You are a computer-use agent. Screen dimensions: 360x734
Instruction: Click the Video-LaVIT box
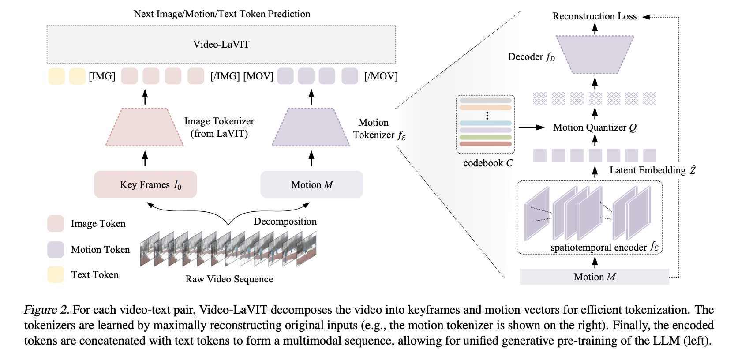pyautogui.click(x=221, y=44)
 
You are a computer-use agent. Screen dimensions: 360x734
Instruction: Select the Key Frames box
pyautogui.click(x=145, y=184)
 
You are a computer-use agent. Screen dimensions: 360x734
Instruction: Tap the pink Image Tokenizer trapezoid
pyautogui.click(x=145, y=127)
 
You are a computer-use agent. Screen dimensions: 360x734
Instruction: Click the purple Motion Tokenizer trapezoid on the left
pyautogui.click(x=311, y=127)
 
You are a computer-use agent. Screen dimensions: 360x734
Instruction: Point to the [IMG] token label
pyautogui.click(x=102, y=76)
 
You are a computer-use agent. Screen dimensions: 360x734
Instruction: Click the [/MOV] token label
pyautogui.click(x=381, y=76)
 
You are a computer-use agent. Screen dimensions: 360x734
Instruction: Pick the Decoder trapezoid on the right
pyautogui.click(x=595, y=54)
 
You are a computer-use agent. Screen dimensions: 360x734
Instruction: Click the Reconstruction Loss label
pyautogui.click(x=594, y=16)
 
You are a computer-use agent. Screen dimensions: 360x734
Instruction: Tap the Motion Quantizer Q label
pyautogui.click(x=594, y=127)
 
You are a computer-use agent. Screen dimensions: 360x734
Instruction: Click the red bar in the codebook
pyautogui.click(x=485, y=144)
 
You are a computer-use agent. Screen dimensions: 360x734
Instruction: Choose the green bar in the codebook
pyautogui.click(x=485, y=137)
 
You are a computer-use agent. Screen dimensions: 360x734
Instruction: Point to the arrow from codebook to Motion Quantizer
pyautogui.click(x=532, y=127)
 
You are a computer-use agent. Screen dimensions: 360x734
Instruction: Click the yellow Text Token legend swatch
pyautogui.click(x=56, y=274)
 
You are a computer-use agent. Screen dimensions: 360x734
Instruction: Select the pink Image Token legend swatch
pyautogui.click(x=56, y=224)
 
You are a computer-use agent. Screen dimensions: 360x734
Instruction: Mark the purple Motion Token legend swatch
pyautogui.click(x=56, y=249)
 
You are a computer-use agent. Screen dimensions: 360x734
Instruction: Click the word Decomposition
pyautogui.click(x=285, y=221)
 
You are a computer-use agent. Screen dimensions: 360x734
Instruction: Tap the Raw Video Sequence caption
pyautogui.click(x=229, y=279)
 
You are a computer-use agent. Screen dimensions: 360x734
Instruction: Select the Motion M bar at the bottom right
pyautogui.click(x=594, y=277)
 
